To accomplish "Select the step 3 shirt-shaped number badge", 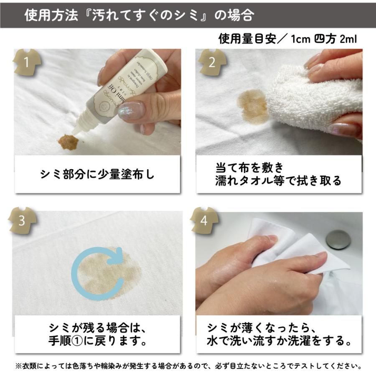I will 26,221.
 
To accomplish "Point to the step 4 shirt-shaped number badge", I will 204,221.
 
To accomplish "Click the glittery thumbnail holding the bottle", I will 130,110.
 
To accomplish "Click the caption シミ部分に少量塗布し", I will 97,174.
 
